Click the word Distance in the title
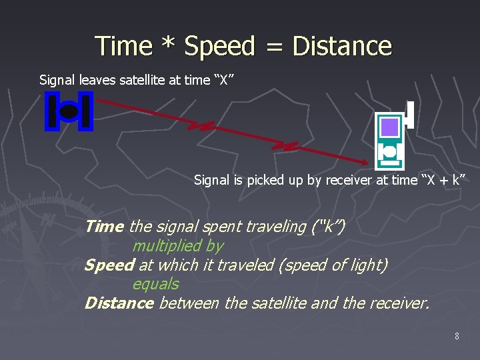(x=342, y=46)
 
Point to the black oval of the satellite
(x=69, y=112)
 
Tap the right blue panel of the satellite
(x=86, y=111)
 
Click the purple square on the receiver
(x=389, y=127)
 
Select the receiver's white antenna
(x=411, y=115)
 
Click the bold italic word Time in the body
(x=104, y=227)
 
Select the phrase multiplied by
(x=177, y=246)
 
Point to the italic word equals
(x=155, y=284)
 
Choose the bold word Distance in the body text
(x=119, y=303)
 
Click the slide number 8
(x=457, y=337)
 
